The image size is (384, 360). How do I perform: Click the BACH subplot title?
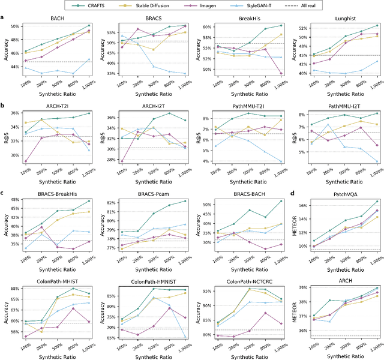[59, 19]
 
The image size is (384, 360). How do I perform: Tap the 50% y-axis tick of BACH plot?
[14, 27]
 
